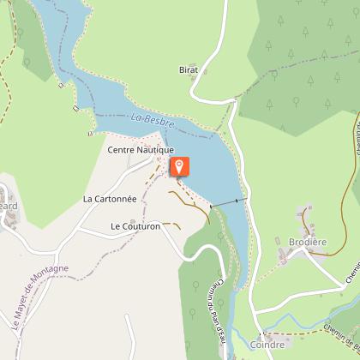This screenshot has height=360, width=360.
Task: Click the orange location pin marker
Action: click(180, 166)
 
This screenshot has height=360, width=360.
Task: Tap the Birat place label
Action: click(189, 69)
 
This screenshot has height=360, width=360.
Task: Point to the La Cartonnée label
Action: click(110, 198)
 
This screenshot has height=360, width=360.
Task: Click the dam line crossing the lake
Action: click(227, 203)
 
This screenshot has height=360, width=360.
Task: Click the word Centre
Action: click(120, 149)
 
